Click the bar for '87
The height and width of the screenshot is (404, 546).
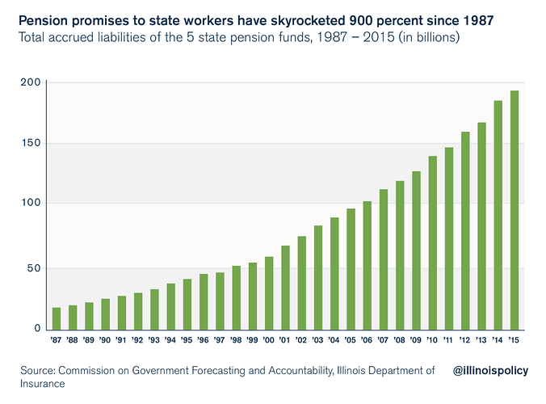click(x=57, y=318)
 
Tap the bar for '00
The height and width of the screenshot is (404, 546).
click(x=269, y=293)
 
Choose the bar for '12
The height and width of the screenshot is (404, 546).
click(x=465, y=230)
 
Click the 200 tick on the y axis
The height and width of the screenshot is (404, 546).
click(x=31, y=82)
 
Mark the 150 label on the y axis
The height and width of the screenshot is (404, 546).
click(x=31, y=144)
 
